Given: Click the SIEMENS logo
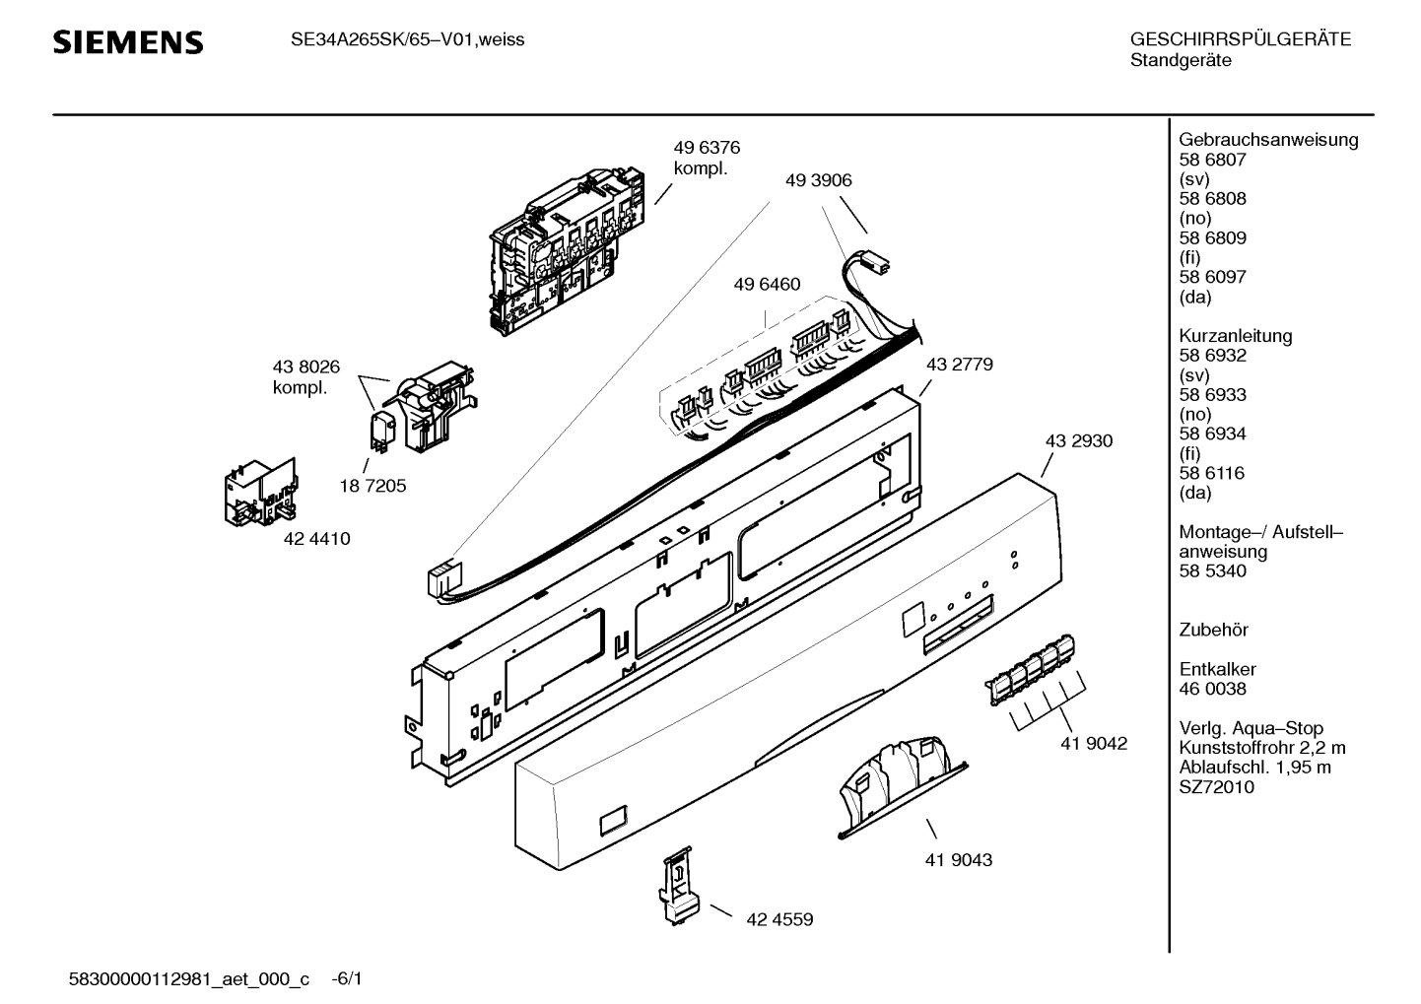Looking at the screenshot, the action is [128, 42].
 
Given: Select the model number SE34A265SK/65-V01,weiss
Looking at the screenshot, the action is [407, 40].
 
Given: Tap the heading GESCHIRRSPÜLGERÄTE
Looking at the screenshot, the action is [1241, 39].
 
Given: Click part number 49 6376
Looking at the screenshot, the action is [707, 148].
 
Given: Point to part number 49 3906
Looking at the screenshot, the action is [818, 180].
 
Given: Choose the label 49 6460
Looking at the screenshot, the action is [767, 284].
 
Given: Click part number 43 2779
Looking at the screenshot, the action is [960, 365].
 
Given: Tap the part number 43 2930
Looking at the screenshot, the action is [1079, 441].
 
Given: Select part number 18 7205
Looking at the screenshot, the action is [373, 486].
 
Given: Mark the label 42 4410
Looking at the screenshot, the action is [316, 539].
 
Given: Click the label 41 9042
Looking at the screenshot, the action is [1094, 743].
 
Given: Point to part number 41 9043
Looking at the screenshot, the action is [959, 860].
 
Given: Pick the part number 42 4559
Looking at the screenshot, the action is [779, 919].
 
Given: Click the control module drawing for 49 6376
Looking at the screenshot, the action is [568, 251].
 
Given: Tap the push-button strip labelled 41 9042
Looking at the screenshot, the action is [1030, 670].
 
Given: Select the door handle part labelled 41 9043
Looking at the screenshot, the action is [903, 787].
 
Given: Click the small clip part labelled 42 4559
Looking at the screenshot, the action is [679, 886].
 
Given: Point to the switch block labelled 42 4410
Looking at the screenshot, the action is [261, 493].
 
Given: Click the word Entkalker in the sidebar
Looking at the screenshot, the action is [1217, 669].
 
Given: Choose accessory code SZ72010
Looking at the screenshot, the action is [1217, 787].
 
